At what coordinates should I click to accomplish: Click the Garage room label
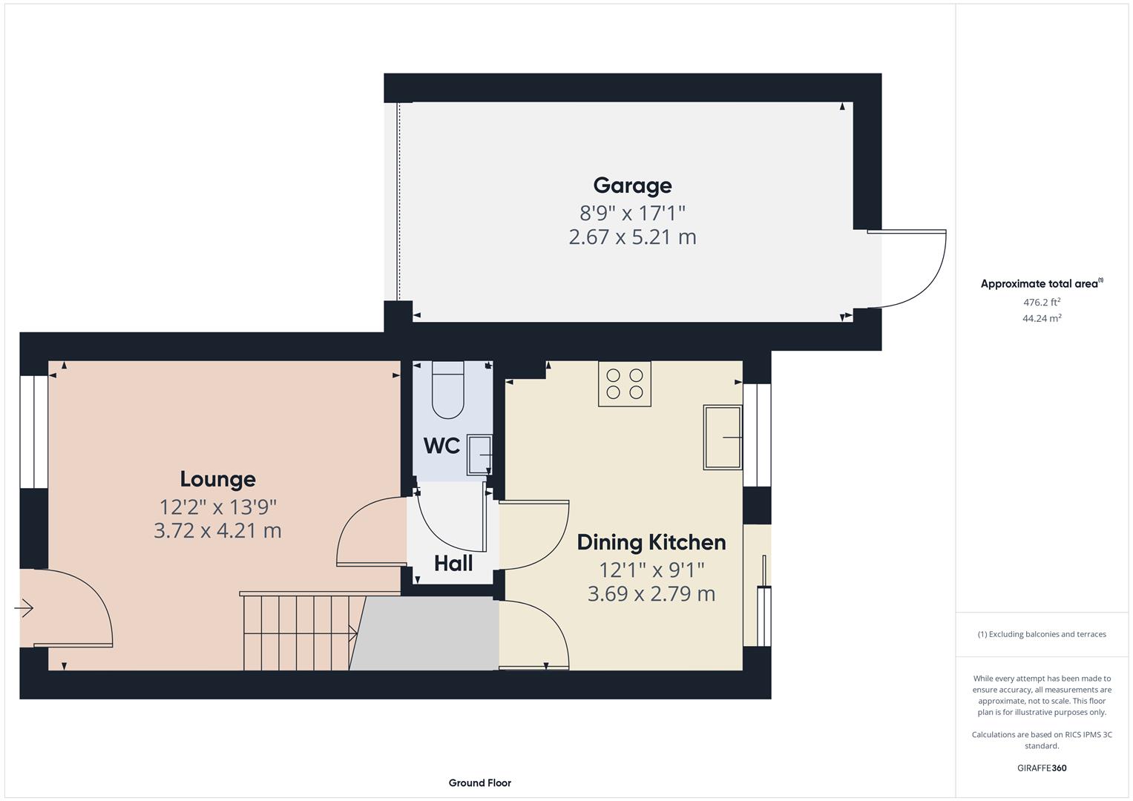click(632, 185)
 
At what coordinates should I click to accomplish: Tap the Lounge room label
click(217, 479)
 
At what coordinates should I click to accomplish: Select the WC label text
click(441, 446)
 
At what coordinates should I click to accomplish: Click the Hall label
click(453, 564)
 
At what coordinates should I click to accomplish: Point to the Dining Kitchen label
click(651, 542)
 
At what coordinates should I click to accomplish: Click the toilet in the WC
click(447, 390)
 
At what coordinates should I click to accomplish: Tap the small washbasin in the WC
click(479, 454)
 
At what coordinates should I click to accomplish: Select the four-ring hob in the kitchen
click(625, 384)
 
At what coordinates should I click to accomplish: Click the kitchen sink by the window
click(723, 438)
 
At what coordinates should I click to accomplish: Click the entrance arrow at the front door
click(24, 609)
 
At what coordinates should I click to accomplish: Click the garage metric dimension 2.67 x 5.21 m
click(632, 237)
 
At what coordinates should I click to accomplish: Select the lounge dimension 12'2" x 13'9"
click(217, 507)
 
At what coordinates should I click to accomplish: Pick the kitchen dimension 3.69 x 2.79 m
click(651, 594)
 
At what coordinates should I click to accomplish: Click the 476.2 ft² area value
click(1042, 302)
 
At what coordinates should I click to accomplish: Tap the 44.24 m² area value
click(1042, 318)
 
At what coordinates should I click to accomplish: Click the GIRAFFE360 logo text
click(1042, 768)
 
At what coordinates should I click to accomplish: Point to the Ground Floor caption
click(479, 782)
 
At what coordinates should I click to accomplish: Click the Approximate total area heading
click(1040, 284)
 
